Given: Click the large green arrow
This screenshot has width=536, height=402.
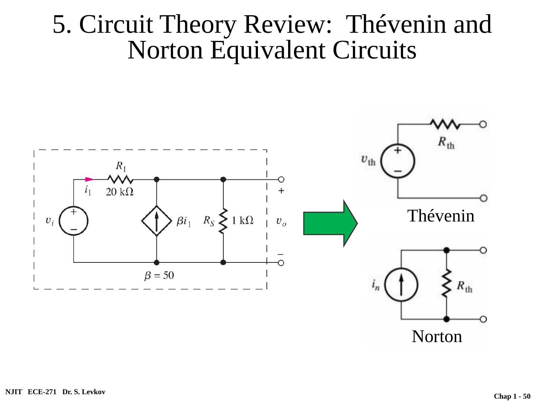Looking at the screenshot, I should [x=330, y=223].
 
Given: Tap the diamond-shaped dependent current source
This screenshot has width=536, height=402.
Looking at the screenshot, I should [x=157, y=221].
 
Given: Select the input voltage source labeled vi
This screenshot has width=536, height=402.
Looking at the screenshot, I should [x=74, y=221].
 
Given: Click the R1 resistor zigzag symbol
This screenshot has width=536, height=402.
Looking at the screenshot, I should [x=120, y=179].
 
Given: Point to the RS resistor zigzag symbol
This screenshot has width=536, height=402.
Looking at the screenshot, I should [x=223, y=221].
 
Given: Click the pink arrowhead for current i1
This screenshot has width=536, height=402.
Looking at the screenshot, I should [x=89, y=179].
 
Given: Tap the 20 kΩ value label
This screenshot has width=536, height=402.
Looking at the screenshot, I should [x=119, y=192].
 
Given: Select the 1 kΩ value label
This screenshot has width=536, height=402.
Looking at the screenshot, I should [x=243, y=221].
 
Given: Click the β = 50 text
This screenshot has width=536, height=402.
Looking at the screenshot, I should [x=159, y=276].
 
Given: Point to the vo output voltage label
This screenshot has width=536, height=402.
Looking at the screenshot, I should [x=281, y=221].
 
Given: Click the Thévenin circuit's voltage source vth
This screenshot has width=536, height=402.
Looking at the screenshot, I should [x=398, y=161].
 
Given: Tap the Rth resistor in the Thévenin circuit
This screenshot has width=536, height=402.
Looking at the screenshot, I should [x=446, y=125].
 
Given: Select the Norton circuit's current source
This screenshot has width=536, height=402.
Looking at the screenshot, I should [x=401, y=285].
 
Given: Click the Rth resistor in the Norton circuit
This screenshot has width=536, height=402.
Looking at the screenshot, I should [x=446, y=285].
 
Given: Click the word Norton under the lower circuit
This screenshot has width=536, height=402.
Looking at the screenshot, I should [x=437, y=336].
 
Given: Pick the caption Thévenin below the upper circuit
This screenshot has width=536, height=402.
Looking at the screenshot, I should [x=441, y=216].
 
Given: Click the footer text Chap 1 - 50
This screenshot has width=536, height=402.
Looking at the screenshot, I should [x=512, y=396].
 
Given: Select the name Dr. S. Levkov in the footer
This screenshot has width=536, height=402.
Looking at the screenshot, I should [x=84, y=392].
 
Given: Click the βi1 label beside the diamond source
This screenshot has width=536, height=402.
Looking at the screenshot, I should [x=184, y=222].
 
